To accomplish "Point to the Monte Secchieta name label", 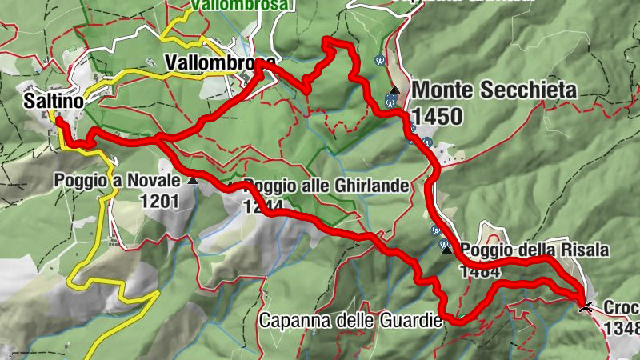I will click(494, 90).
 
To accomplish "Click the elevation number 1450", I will click(437, 117).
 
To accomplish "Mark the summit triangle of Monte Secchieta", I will click(395, 89).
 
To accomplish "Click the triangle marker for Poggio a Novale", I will click(193, 182).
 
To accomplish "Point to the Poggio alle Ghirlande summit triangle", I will click(232, 185).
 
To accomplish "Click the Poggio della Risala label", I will click(535, 250).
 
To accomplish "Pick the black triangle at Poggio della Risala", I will click(446, 250).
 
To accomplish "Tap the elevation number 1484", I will click(480, 271).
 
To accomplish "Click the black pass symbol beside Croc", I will click(586, 306).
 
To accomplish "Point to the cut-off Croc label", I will click(621, 308).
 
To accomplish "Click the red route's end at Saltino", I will click(58, 122).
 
